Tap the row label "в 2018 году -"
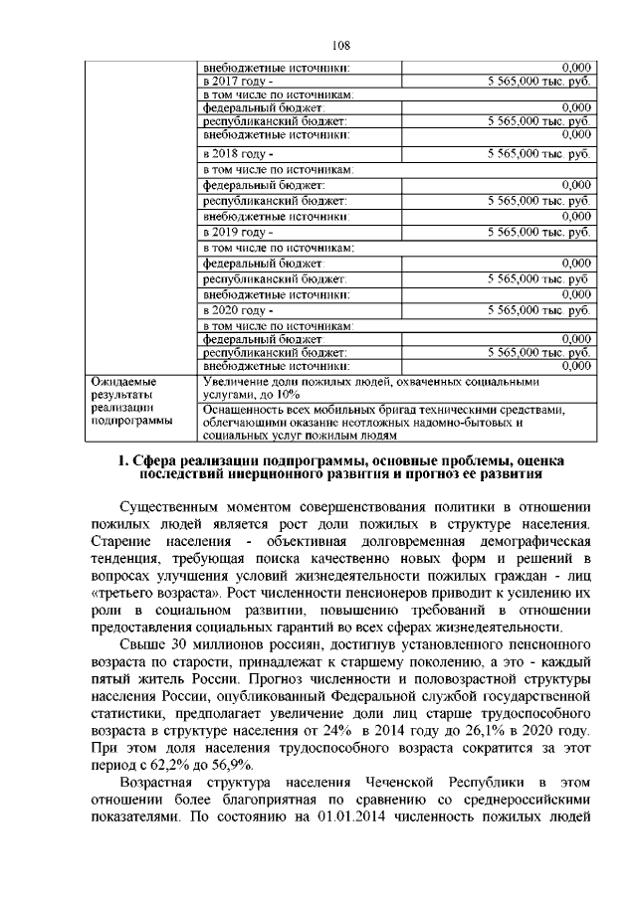[236, 155]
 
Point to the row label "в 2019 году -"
[236, 231]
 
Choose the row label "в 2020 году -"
[236, 311]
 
